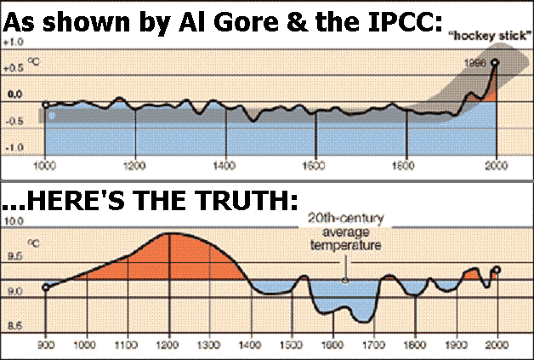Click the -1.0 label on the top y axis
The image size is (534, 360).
point(13,146)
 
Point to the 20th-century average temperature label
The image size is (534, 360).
point(344,231)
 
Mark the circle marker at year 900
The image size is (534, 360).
point(45,288)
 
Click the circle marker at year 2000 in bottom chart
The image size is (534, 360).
point(497,271)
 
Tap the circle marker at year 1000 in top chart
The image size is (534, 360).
point(45,106)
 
